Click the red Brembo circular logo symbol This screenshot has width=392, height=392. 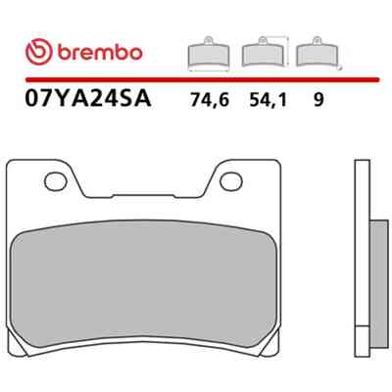[39, 52]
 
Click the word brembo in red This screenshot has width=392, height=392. [100, 52]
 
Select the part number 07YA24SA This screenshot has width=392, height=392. [88, 98]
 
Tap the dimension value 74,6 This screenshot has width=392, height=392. [210, 100]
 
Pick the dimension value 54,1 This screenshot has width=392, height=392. [268, 100]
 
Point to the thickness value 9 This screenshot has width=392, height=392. [318, 99]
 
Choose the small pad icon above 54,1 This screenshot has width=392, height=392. [263, 52]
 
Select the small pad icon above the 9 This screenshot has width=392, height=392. [317, 52]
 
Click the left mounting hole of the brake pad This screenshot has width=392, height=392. [56, 182]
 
